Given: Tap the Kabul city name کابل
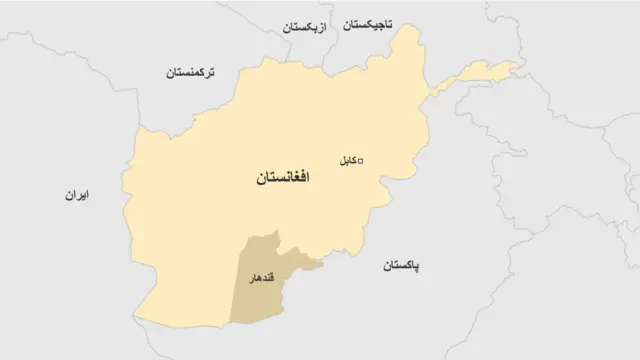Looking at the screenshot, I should (x=343, y=160).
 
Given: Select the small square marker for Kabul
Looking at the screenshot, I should (x=361, y=160).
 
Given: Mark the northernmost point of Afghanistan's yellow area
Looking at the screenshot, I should (x=408, y=27).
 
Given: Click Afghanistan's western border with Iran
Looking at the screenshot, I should (x=131, y=200).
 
